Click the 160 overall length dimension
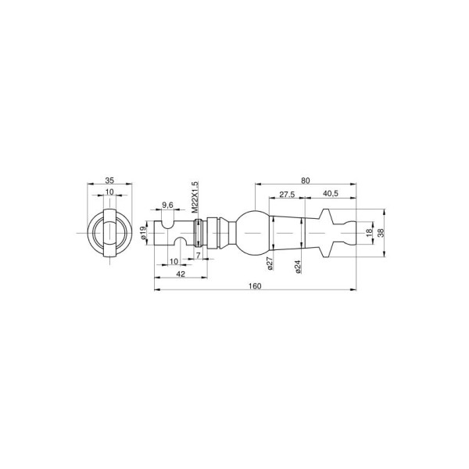255,286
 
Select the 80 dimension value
306,181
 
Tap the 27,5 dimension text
287,194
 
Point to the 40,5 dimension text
331,194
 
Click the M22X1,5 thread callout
195,197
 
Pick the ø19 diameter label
143,233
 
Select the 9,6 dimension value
167,205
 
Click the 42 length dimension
181,274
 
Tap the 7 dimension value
198,255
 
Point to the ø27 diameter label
270,263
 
